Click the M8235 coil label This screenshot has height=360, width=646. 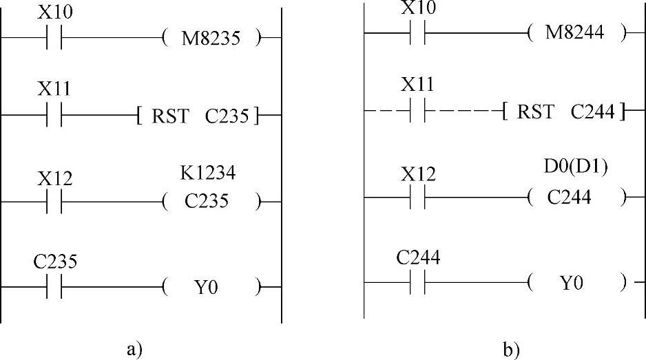coord(211,39)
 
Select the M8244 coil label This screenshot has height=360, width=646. coord(575,32)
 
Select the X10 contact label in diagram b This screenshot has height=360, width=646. coord(418,7)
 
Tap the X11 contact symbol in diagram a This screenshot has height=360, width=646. coord(54,116)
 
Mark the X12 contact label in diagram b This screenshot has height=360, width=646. coord(418,175)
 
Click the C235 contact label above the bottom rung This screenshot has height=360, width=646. coord(55,262)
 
